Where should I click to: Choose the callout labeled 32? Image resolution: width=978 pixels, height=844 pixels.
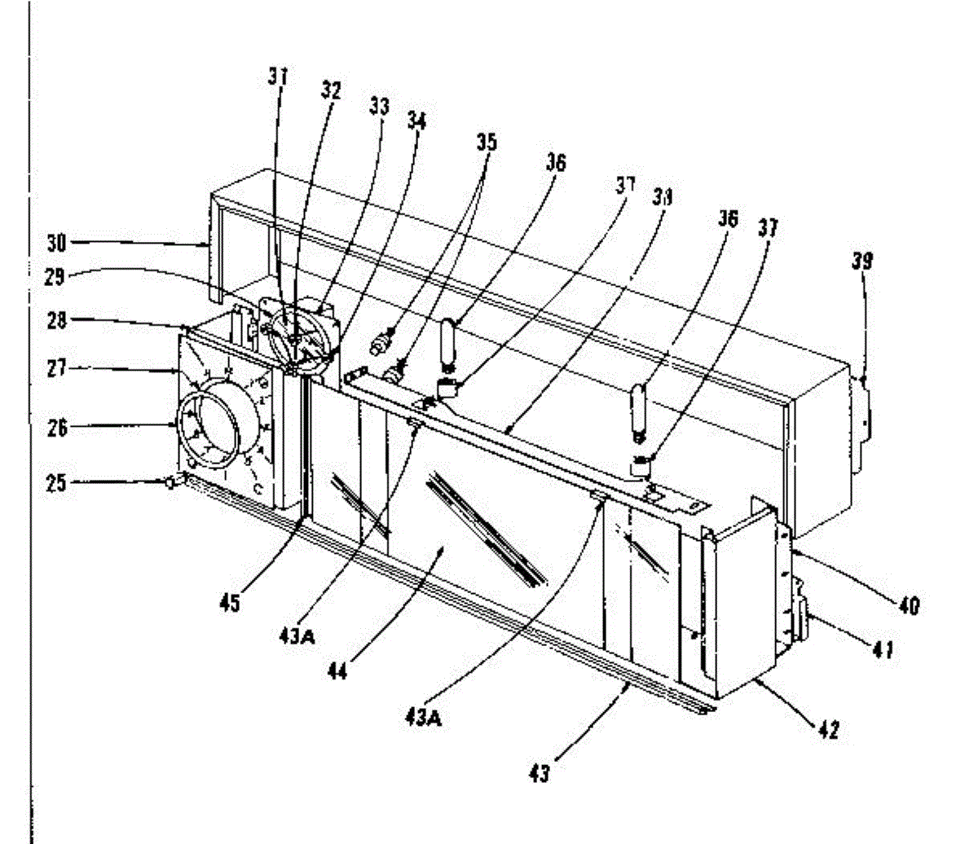pos(330,90)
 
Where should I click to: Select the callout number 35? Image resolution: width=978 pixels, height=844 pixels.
pos(487,142)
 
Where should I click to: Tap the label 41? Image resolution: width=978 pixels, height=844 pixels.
pos(883,649)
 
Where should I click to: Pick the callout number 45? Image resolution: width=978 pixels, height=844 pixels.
pos(231,604)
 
